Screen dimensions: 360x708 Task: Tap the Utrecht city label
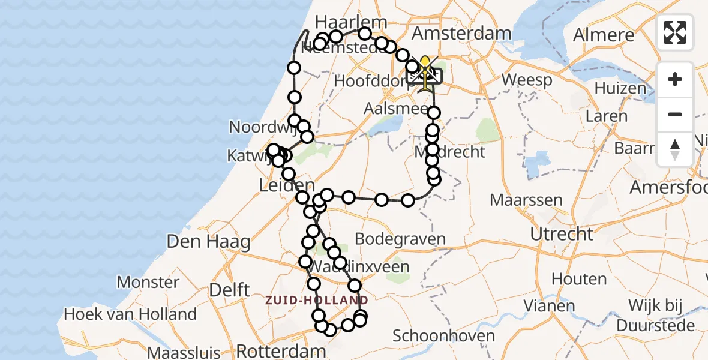click(x=562, y=233)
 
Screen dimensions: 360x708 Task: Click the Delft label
click(x=229, y=290)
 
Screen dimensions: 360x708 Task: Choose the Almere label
click(x=604, y=35)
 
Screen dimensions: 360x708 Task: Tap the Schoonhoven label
click(x=445, y=335)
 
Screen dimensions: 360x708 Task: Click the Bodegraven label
click(x=400, y=239)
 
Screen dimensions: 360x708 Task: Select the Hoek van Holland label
click(x=130, y=314)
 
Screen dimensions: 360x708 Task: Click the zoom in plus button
click(x=675, y=79)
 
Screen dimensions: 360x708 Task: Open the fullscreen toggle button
click(x=675, y=32)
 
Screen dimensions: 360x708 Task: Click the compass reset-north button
click(x=675, y=149)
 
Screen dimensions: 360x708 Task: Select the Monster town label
click(x=148, y=282)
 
